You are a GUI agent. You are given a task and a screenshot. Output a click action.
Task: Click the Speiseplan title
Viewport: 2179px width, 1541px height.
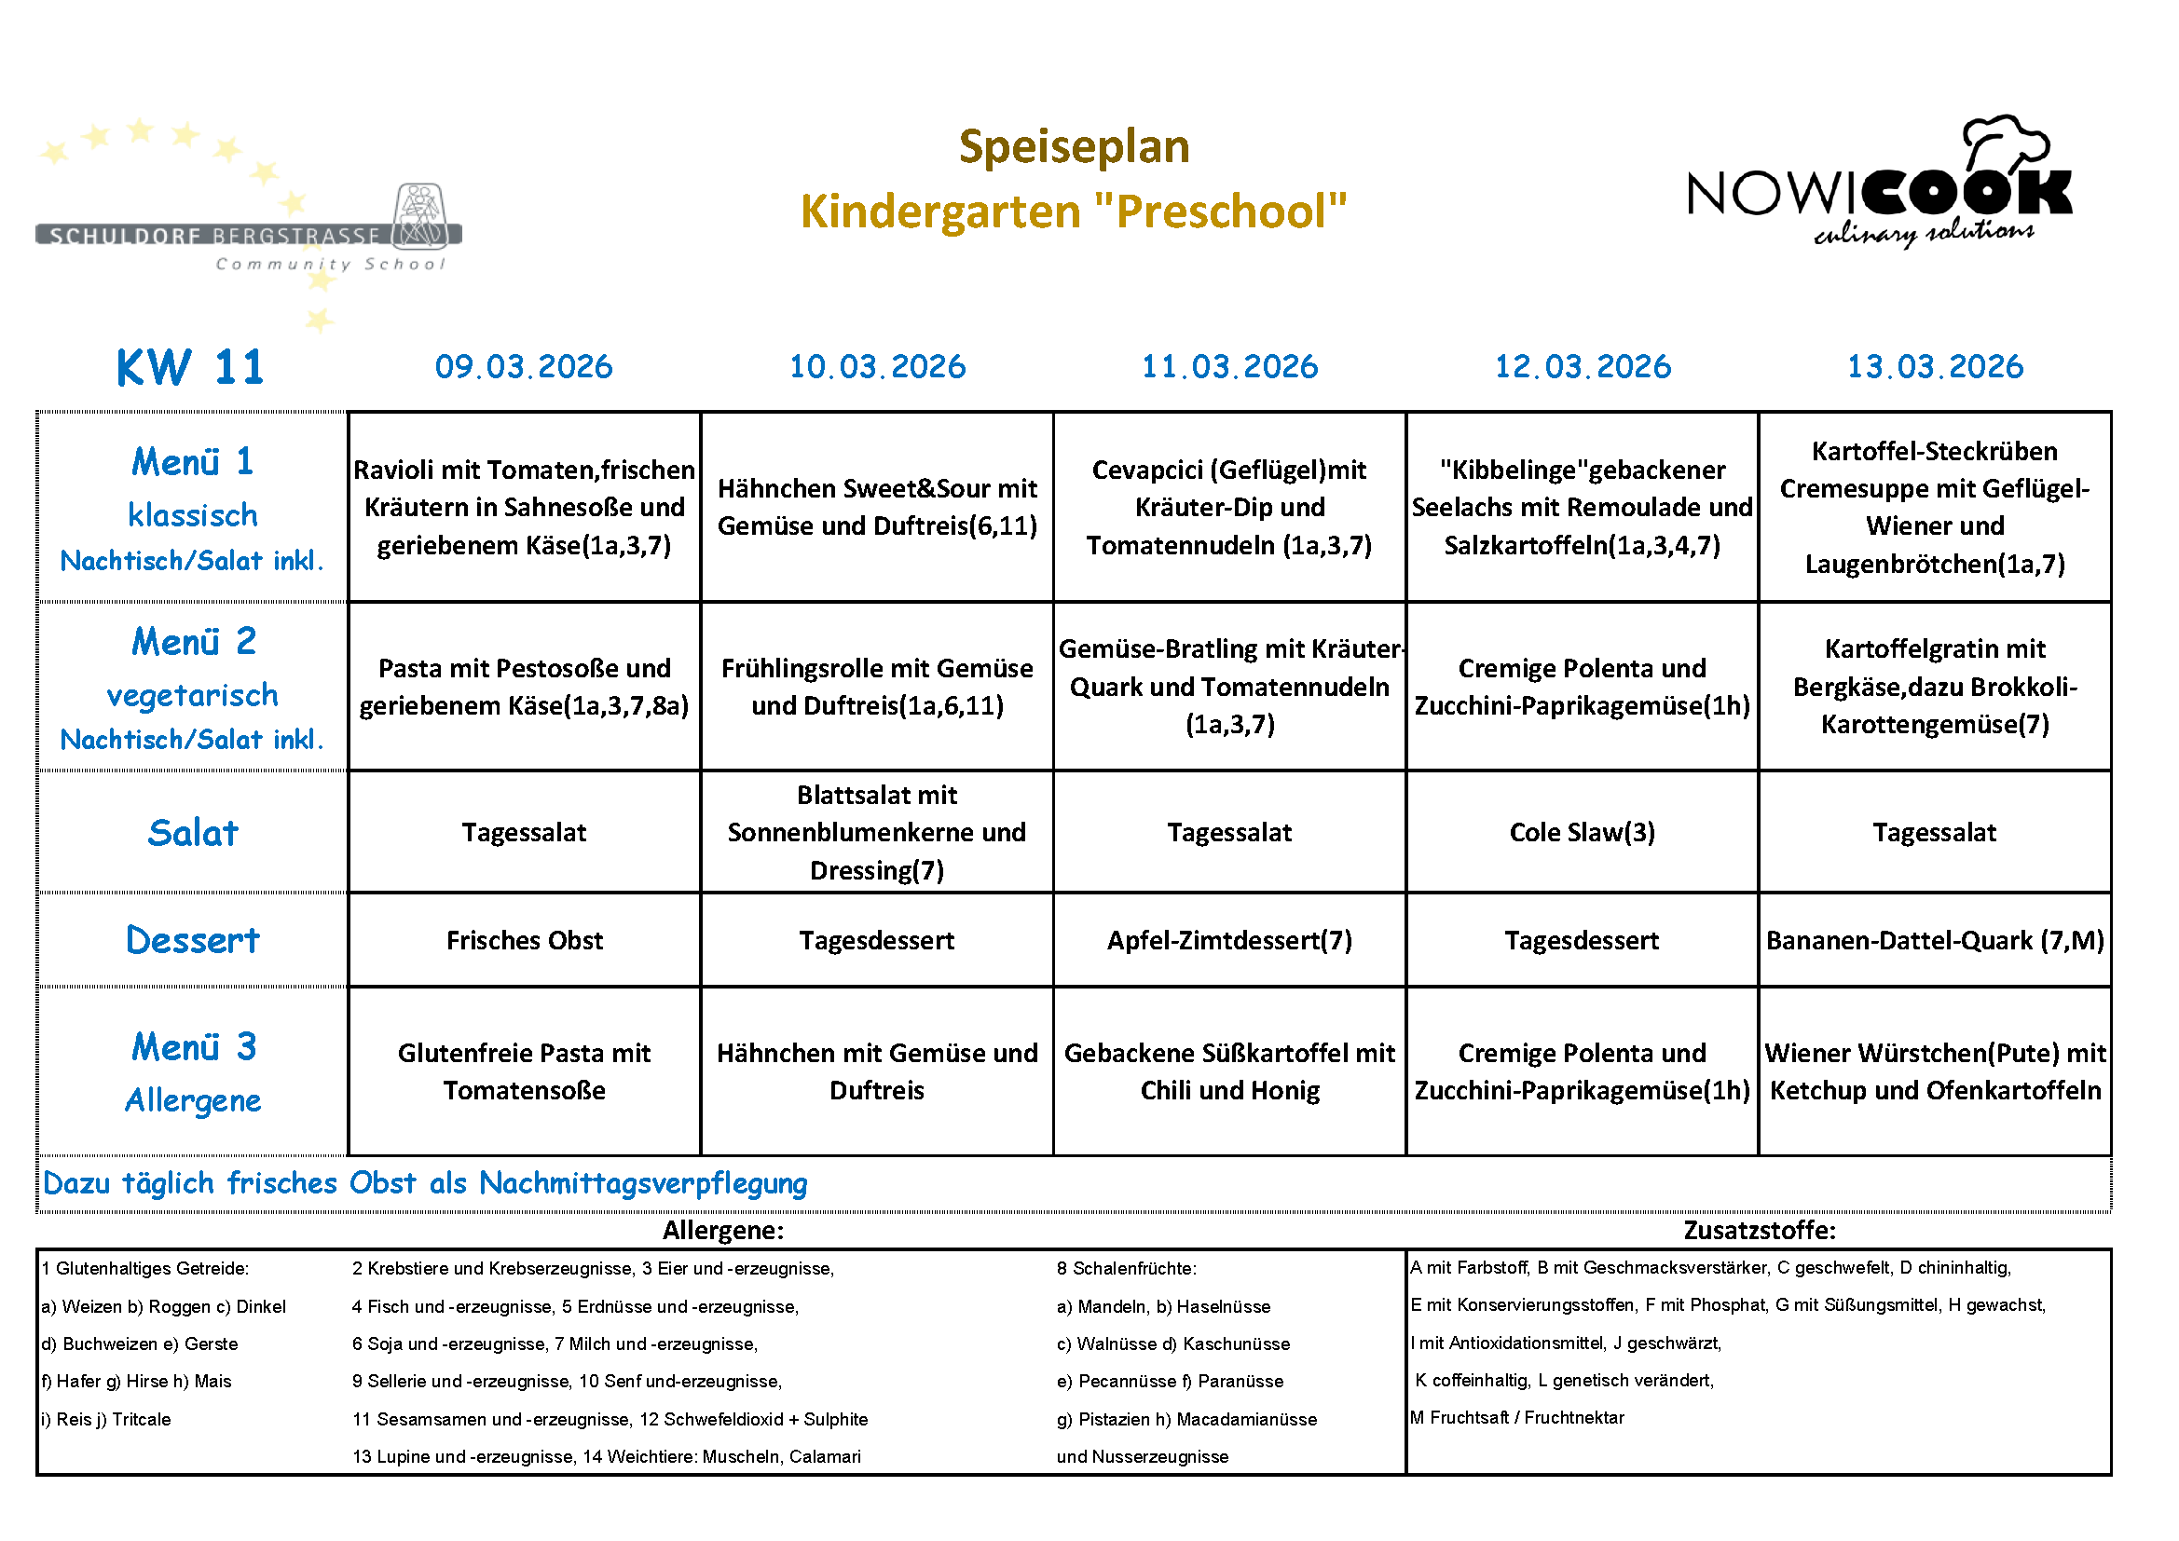(1074, 147)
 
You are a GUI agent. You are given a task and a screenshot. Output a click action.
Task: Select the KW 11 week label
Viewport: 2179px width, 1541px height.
(190, 367)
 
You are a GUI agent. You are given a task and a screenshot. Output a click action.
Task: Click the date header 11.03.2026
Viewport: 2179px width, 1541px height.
(1229, 366)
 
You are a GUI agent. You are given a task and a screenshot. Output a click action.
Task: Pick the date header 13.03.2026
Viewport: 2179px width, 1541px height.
(1934, 366)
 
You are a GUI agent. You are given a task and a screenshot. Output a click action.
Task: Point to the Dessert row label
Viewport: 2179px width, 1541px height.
(193, 940)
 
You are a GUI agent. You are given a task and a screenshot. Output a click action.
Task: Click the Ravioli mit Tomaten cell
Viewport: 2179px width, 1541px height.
(524, 507)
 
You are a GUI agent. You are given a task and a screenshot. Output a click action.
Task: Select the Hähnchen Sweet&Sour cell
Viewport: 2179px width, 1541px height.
(877, 507)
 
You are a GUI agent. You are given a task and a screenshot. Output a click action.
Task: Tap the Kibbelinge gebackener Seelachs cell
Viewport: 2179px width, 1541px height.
(1581, 507)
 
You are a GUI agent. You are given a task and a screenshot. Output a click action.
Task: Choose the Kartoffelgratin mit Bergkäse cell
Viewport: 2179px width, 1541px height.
(1934, 686)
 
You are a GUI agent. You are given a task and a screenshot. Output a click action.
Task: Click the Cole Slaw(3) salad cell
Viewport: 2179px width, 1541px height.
(1581, 832)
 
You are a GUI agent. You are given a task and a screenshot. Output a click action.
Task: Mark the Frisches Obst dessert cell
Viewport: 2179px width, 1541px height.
(524, 940)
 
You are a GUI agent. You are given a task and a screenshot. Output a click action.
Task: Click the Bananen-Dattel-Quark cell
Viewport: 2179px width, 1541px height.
(1934, 940)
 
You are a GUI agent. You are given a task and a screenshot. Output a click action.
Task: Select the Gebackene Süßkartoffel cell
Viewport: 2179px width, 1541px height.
(1229, 1071)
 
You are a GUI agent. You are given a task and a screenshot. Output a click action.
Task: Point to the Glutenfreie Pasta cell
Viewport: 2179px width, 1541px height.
(524, 1071)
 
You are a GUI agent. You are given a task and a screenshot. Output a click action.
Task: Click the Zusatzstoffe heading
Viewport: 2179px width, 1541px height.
(1759, 1230)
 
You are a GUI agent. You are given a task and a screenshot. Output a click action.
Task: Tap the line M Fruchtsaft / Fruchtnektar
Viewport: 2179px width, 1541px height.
(1516, 1417)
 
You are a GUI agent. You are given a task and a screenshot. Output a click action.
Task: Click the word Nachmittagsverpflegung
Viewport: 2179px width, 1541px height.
(642, 1183)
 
